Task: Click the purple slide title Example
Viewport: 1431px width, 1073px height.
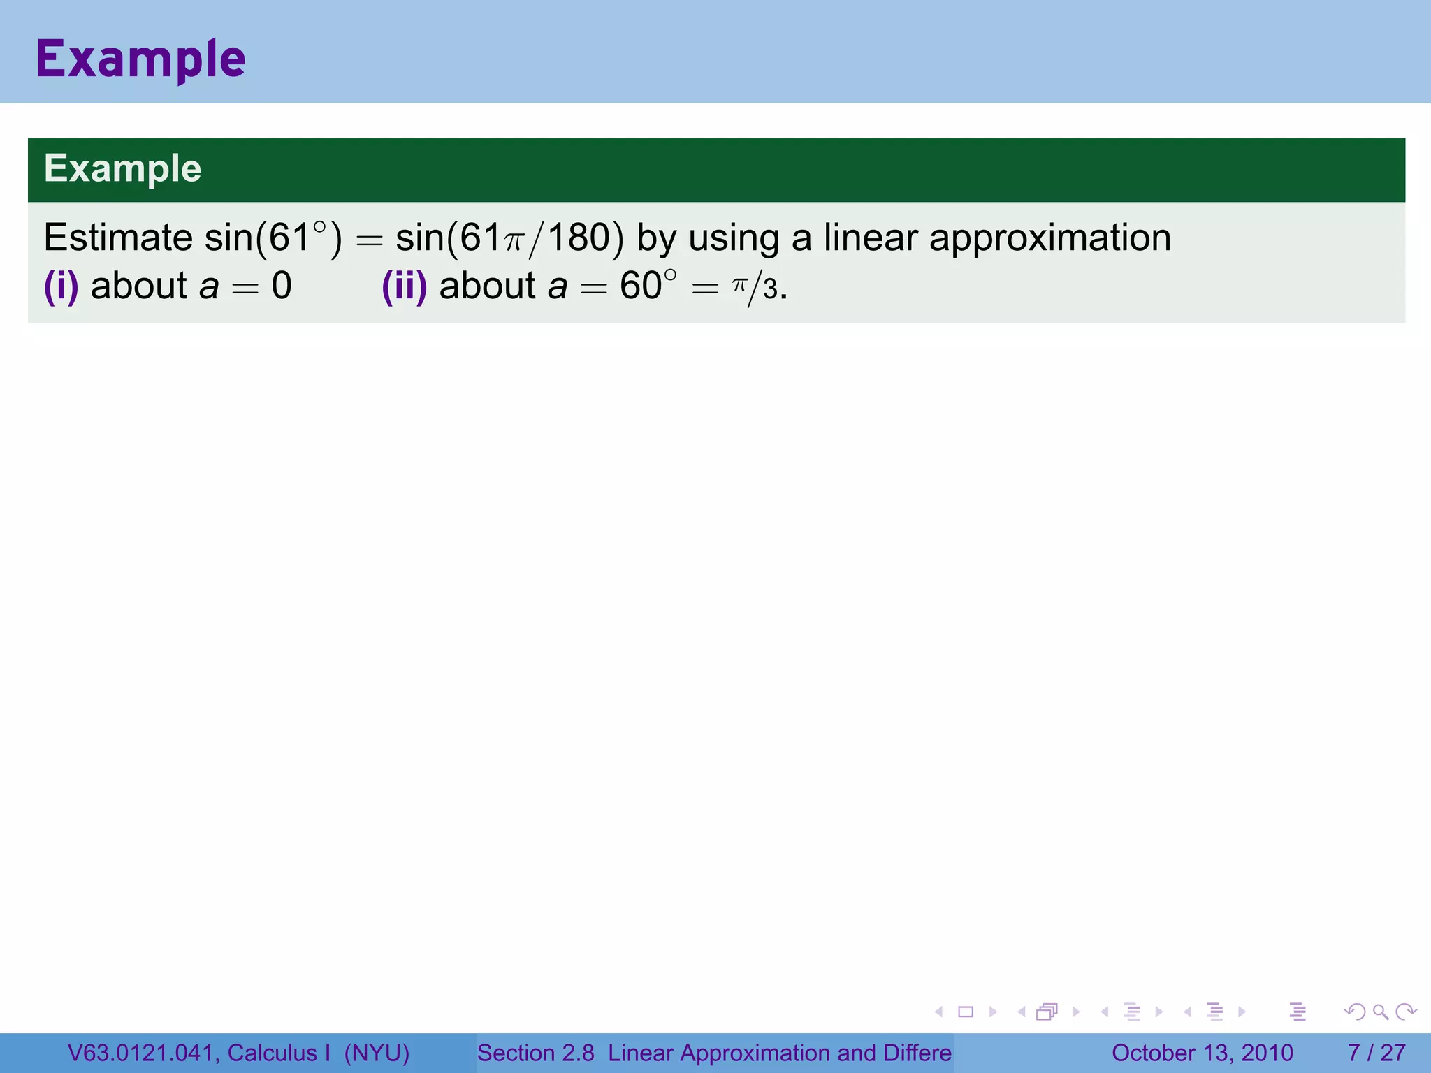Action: tap(140, 59)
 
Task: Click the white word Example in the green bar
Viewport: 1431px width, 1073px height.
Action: tap(123, 168)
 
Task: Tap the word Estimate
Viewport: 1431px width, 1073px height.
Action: tap(118, 238)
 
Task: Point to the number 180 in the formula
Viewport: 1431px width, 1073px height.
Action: tap(579, 238)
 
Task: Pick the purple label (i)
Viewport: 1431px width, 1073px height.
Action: tap(61, 286)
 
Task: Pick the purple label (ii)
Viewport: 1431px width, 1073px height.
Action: tap(405, 286)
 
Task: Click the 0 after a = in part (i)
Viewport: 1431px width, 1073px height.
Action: tap(282, 286)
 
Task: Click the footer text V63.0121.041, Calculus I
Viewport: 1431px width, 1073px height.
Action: tap(199, 1053)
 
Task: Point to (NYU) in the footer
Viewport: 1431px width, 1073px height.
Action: tap(377, 1053)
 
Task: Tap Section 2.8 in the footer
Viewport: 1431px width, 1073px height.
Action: tap(535, 1053)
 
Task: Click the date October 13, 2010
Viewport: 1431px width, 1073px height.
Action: tap(1202, 1053)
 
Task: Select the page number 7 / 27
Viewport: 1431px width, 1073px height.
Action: tap(1376, 1053)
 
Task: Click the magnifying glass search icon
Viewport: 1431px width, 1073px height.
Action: tap(1380, 1012)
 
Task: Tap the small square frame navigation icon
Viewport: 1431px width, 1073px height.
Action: tap(966, 1012)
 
